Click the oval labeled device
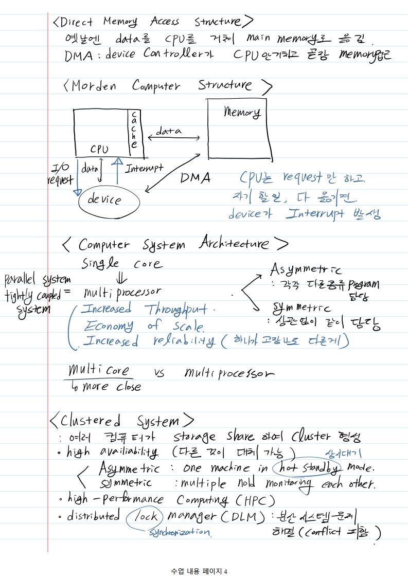coord(109,201)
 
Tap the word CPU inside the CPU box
coord(99,149)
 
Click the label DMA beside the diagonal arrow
coord(196,178)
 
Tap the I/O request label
coord(61,174)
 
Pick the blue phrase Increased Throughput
coord(147,309)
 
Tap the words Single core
coord(122,264)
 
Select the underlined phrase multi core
coord(99,371)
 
